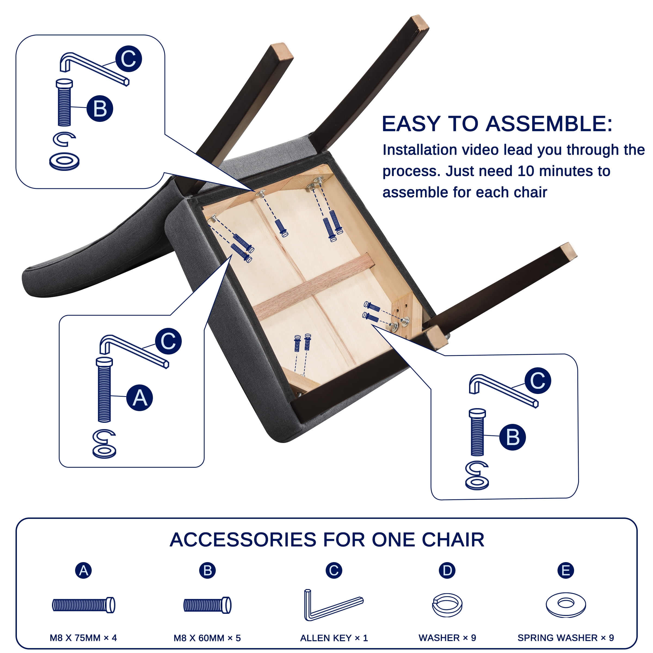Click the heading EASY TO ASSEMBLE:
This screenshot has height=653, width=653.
[x=497, y=124]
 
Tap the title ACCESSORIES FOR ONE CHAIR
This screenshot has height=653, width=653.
[x=327, y=540]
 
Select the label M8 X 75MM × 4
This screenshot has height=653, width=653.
[x=83, y=638]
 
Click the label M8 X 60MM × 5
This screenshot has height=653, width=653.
[x=207, y=638]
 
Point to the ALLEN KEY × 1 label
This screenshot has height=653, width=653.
[x=334, y=638]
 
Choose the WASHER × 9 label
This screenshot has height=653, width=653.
[x=447, y=638]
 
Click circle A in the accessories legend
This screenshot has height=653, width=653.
[x=83, y=571]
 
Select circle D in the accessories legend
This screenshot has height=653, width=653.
[x=447, y=571]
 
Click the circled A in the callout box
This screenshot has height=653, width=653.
[x=140, y=398]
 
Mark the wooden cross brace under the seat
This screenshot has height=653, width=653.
[x=314, y=287]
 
